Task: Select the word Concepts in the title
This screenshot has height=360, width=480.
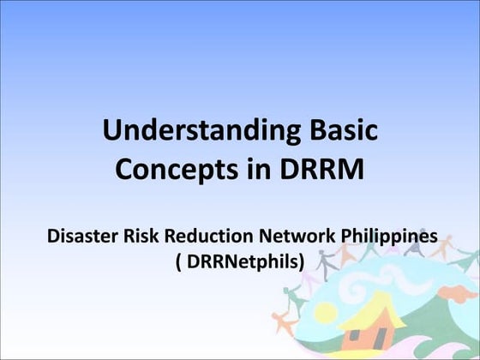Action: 167,169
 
